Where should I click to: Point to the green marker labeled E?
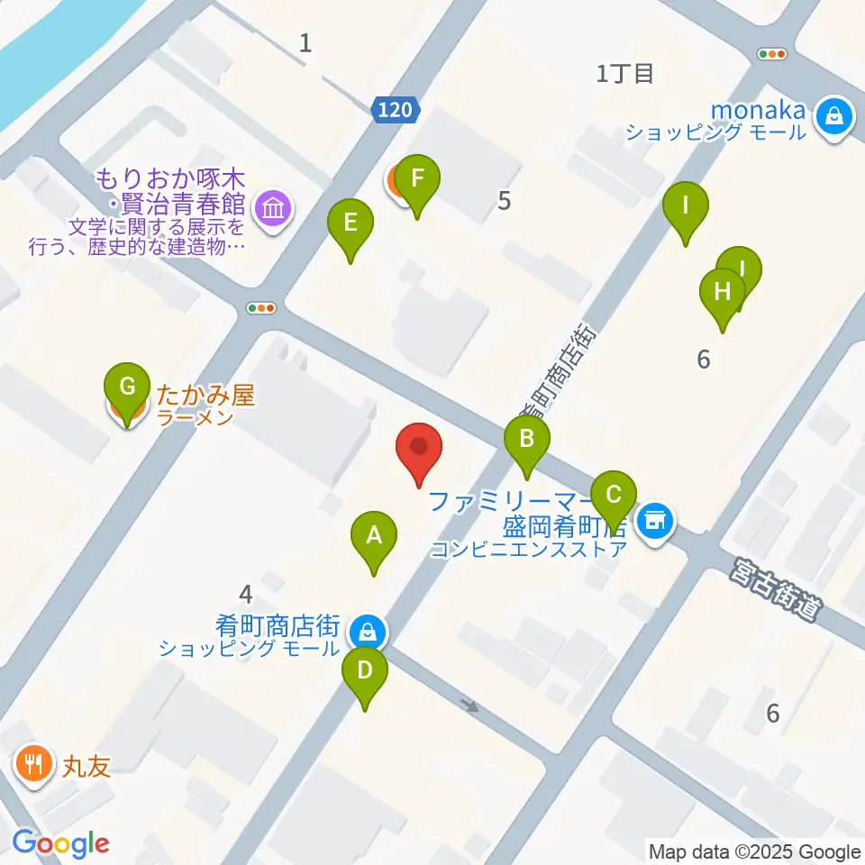pyautogui.click(x=351, y=222)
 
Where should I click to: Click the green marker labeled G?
pyautogui.click(x=128, y=388)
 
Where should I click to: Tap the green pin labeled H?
pyautogui.click(x=722, y=293)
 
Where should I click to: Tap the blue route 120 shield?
pyautogui.click(x=395, y=110)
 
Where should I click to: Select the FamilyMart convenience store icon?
pyautogui.click(x=654, y=522)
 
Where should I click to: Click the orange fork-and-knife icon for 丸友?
pyautogui.click(x=34, y=765)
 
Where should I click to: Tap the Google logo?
pyautogui.click(x=61, y=843)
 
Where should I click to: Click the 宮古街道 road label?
pyautogui.click(x=777, y=589)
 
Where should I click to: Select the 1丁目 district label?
pyautogui.click(x=624, y=73)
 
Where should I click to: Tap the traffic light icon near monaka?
pyautogui.click(x=773, y=54)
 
